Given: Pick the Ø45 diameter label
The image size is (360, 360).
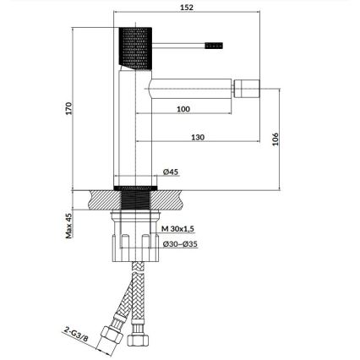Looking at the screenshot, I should (x=171, y=172).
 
